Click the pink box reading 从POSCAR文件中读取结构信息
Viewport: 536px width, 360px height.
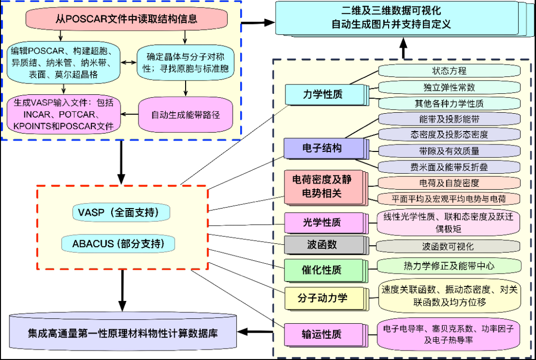coord(127,19)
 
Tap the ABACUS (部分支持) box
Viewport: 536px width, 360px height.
coord(120,244)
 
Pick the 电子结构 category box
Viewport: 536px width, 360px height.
coord(322,148)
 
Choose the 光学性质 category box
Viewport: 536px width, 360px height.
coord(322,222)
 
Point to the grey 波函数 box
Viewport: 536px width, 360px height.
coord(322,245)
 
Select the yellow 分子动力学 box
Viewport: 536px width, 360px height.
coord(322,297)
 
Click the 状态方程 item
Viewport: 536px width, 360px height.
coord(449,71)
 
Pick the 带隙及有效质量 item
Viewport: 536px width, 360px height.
coord(449,151)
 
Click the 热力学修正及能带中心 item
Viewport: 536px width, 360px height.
coord(449,266)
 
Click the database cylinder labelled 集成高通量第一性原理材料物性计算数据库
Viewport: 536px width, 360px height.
coord(122,332)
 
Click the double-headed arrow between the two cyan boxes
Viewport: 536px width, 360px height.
coord(129,63)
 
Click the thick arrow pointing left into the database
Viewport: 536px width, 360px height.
coord(255,332)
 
